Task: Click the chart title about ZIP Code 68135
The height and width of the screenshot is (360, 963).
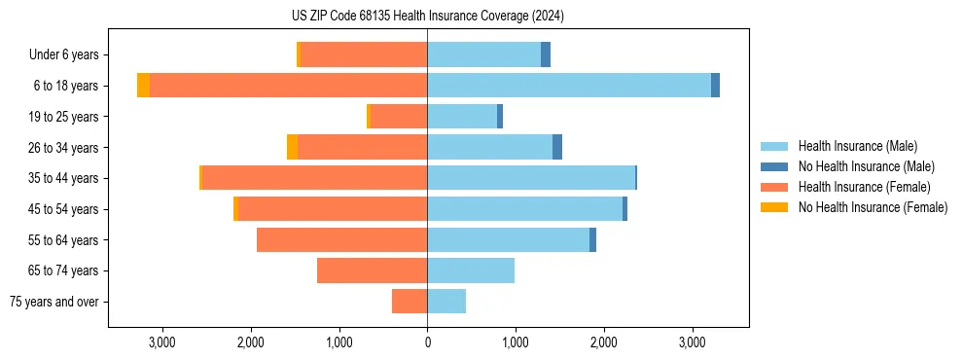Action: [427, 17]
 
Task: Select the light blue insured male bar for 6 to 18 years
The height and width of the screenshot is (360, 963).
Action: [569, 86]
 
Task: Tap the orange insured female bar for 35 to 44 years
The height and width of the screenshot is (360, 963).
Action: [314, 178]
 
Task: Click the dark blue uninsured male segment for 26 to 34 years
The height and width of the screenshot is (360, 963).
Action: [557, 147]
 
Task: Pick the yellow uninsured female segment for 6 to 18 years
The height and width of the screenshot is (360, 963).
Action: [143, 86]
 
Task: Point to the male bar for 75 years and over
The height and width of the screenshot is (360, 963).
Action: [446, 302]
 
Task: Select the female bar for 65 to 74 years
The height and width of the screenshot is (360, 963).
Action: [373, 270]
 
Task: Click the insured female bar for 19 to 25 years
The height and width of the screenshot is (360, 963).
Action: [399, 117]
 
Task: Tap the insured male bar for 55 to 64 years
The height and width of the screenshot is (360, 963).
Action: [508, 239]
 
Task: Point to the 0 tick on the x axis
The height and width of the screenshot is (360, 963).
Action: [427, 342]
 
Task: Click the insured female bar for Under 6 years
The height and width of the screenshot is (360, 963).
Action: [364, 54]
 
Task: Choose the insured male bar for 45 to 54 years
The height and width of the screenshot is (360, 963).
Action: [524, 209]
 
